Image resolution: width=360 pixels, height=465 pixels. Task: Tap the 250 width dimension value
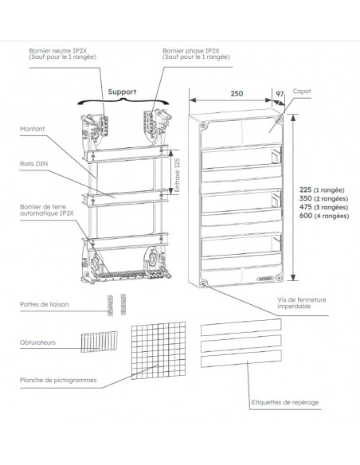coord(236,94)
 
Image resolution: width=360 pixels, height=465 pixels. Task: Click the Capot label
coord(303,92)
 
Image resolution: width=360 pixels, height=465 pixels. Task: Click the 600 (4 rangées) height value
coord(326,215)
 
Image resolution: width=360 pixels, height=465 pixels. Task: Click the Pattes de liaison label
coord(45,304)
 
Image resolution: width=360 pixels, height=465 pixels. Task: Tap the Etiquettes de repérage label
coord(284,402)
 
